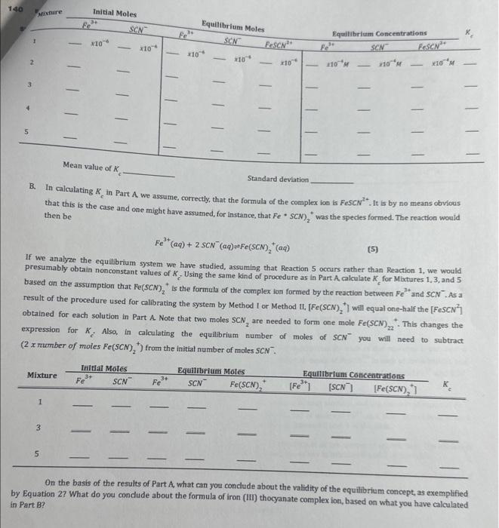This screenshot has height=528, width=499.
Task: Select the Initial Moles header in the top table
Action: point(115,13)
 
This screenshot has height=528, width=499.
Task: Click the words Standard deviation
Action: point(278,179)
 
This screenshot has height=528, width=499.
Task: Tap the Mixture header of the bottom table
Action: point(42,375)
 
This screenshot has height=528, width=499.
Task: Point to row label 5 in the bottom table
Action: point(39,455)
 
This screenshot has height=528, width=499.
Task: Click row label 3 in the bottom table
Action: point(39,429)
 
